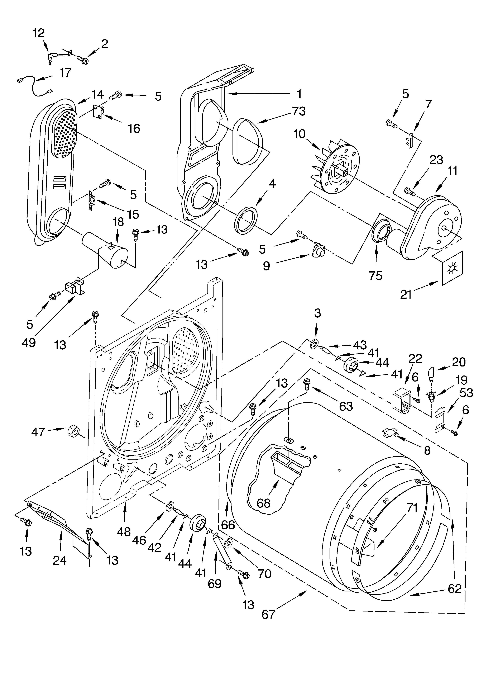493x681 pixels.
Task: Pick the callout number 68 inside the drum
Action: pos(263,503)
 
